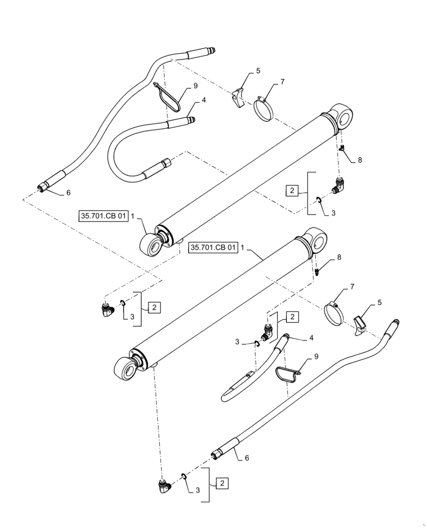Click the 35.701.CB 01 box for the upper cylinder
coord(104,216)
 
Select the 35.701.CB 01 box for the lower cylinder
coord(212,248)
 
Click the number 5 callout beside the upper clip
coord(258,70)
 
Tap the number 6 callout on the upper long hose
coord(68,193)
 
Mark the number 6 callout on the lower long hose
coord(246,459)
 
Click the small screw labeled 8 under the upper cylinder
coord(343,151)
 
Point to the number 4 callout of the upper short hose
coord(203,99)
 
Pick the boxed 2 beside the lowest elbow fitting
coord(223,483)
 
